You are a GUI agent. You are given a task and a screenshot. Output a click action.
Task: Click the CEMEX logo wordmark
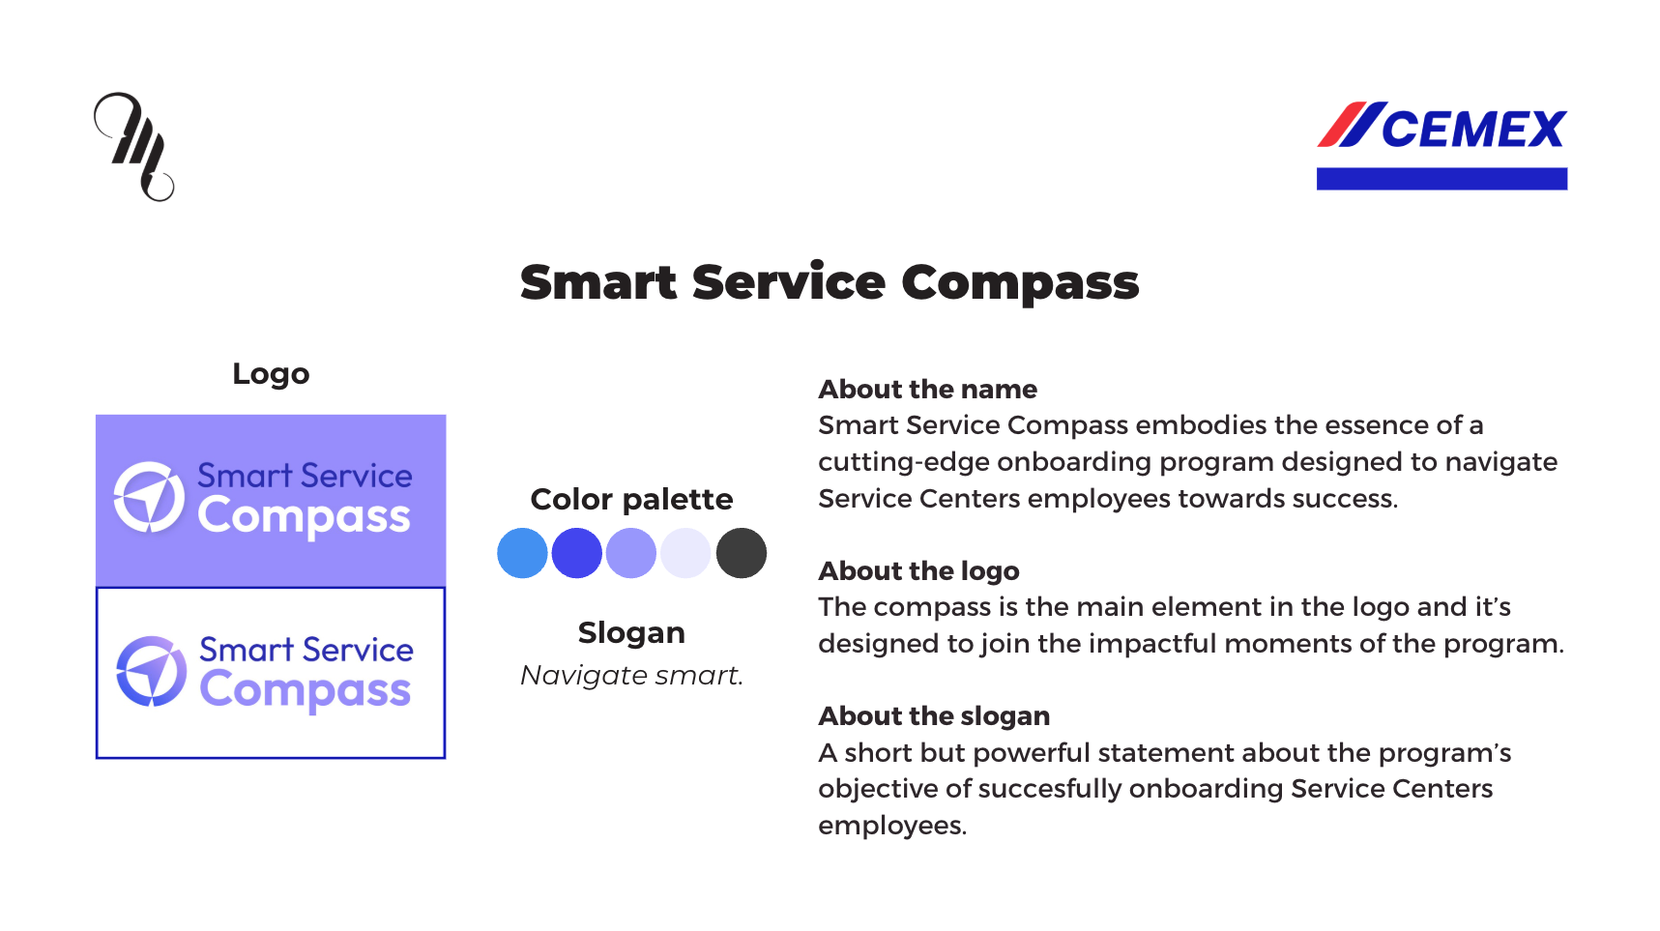1442,127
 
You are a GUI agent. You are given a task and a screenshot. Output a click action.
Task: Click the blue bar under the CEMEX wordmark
1442,179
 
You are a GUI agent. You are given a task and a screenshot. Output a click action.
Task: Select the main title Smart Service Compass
830,283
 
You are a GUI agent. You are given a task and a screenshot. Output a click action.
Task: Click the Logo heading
271,374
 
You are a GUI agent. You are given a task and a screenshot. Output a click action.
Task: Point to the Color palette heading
631,499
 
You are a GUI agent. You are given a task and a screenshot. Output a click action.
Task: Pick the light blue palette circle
522,553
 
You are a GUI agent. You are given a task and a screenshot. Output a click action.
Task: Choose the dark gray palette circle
742,553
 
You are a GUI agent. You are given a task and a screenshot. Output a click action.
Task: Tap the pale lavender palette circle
686,553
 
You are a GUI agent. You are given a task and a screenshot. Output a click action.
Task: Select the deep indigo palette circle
577,553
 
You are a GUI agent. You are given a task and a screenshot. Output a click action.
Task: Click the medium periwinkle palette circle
631,553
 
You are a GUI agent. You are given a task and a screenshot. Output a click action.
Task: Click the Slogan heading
631,633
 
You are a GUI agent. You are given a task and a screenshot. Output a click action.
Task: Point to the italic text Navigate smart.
631,675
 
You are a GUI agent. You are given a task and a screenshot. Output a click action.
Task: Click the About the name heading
927,390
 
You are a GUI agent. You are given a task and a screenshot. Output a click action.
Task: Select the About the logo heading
918,571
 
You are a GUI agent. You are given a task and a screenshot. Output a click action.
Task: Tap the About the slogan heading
934,716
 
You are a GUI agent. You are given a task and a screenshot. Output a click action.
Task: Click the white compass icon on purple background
149,497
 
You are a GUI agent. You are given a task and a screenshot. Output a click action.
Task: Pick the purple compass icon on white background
151,671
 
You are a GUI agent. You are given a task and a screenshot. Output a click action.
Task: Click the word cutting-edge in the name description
904,462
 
